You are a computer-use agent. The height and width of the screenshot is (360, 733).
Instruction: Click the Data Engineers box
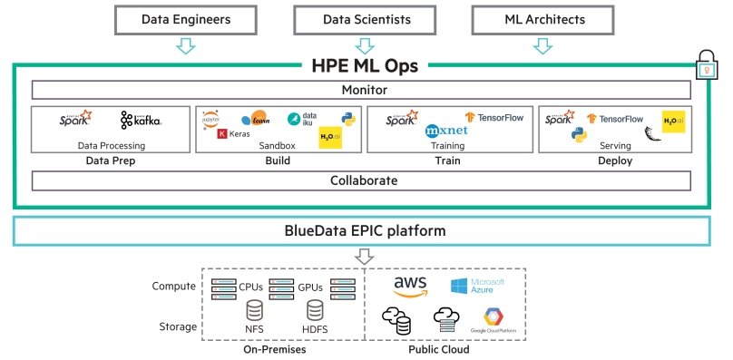tap(185, 19)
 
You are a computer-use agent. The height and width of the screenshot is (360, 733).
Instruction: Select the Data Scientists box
tap(365, 19)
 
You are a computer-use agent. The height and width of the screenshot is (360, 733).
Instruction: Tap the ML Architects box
tap(542, 19)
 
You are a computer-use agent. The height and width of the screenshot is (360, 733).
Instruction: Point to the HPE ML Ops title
tap(365, 66)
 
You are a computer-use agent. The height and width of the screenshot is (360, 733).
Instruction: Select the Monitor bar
tap(365, 90)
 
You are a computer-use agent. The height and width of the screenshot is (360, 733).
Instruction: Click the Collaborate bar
tap(365, 180)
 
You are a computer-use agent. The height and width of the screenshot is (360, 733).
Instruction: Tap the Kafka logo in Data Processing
tap(141, 121)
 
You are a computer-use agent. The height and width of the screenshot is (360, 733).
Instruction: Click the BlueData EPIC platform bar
tap(365, 231)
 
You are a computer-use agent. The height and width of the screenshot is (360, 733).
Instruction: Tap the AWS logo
tap(410, 287)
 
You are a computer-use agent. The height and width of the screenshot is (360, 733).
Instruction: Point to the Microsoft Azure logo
tap(476, 287)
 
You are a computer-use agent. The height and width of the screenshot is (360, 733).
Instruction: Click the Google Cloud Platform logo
tap(493, 318)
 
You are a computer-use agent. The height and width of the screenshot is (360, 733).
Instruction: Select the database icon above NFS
tap(254, 310)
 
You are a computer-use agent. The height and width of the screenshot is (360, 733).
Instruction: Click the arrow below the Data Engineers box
tap(185, 46)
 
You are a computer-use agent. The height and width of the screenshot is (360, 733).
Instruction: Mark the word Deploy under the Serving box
tap(615, 161)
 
